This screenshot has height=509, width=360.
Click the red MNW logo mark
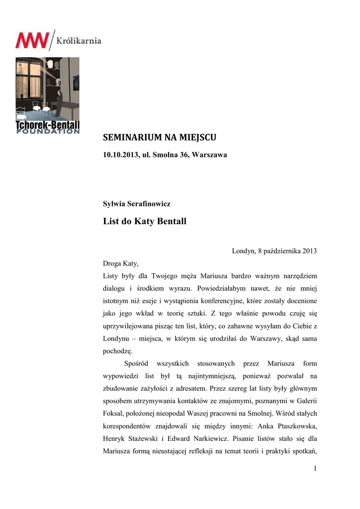(32, 40)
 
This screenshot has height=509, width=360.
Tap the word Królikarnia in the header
(79, 40)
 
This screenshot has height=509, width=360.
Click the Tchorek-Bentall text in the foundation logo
(47, 126)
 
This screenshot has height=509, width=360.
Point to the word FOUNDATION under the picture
(47, 132)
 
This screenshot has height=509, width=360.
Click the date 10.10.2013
(120, 155)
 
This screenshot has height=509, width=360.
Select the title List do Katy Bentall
(144, 221)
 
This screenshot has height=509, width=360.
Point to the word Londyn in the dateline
(243, 251)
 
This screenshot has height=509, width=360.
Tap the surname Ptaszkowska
(294, 426)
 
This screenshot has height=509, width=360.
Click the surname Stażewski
(152, 438)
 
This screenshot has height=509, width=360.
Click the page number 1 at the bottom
(315, 468)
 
